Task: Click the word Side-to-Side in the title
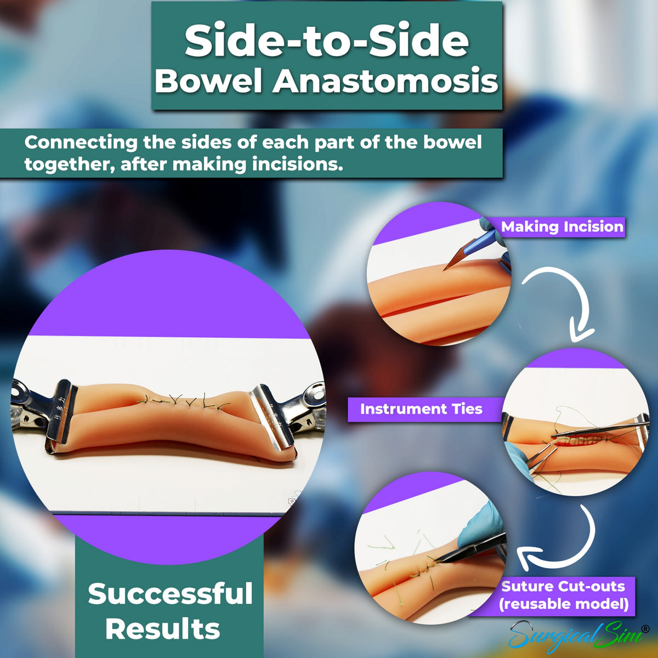click(x=327, y=42)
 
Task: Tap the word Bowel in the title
click(x=209, y=81)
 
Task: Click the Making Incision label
click(x=562, y=226)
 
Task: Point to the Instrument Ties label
click(x=421, y=409)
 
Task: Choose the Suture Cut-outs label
click(x=563, y=586)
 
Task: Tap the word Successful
click(x=170, y=594)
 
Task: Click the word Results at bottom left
click(x=163, y=629)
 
